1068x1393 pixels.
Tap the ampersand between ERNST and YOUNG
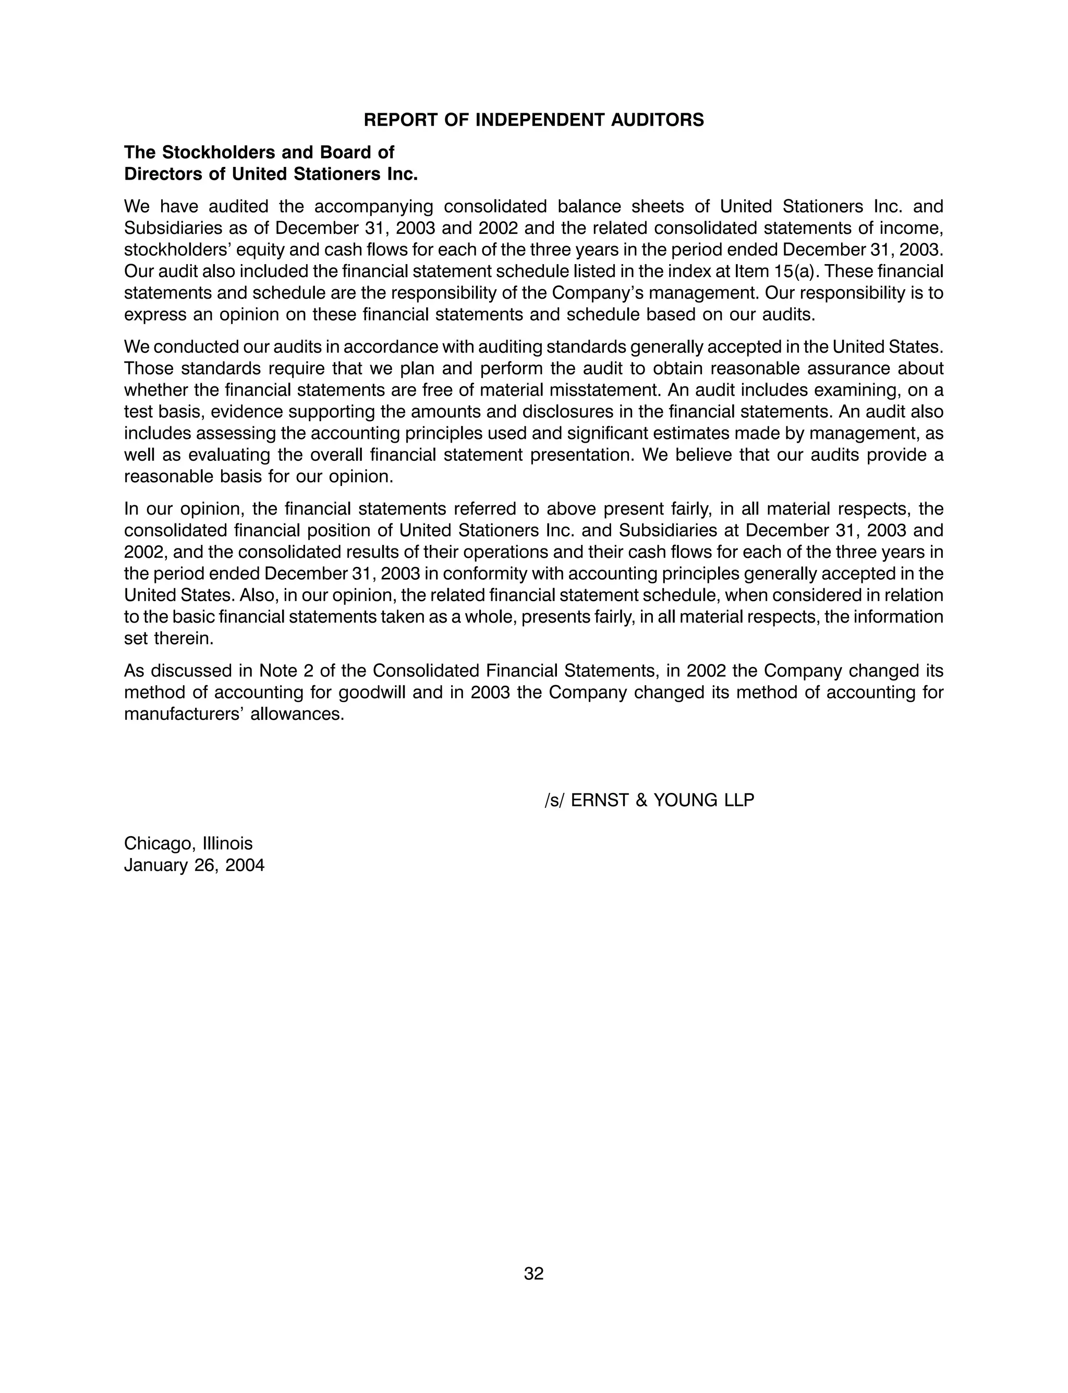coord(641,800)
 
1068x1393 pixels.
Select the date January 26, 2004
coord(194,866)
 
